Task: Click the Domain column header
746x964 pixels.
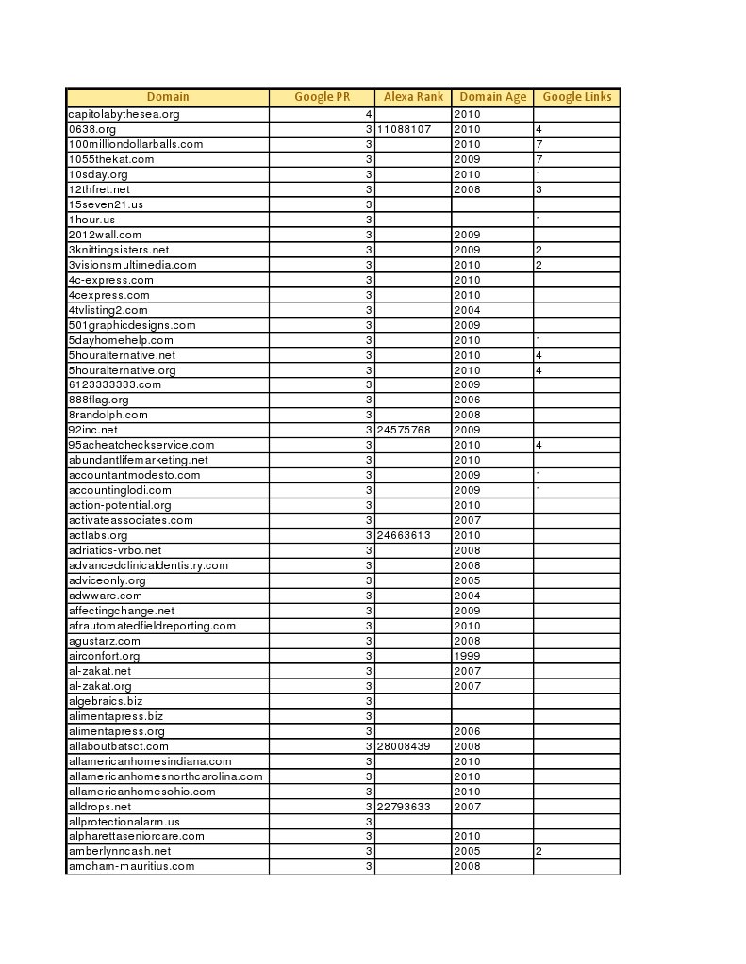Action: point(168,97)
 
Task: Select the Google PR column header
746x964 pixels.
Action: point(322,97)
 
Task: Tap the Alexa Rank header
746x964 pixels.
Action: point(413,97)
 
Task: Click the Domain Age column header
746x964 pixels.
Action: point(492,97)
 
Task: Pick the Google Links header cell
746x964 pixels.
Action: point(576,97)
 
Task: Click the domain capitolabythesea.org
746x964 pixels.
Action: point(124,114)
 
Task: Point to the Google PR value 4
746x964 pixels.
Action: point(369,114)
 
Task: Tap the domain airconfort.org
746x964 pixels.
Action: point(105,656)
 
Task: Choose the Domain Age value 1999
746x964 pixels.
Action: point(468,656)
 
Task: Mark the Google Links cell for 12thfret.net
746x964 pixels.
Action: point(539,189)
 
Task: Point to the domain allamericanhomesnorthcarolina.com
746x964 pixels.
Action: point(166,776)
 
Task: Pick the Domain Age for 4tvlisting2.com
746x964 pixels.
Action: point(468,310)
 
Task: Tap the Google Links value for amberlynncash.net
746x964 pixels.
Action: point(539,851)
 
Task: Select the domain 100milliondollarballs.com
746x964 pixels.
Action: point(136,144)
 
